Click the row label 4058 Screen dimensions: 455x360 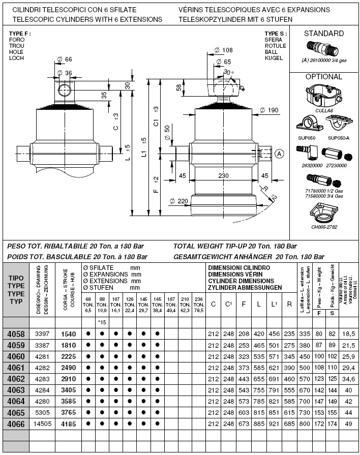[x=16, y=334]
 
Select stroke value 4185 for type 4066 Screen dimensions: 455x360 [x=68, y=423]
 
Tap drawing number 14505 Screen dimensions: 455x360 [x=42, y=423]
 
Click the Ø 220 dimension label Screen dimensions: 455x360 [x=179, y=201]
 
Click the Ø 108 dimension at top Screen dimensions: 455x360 [x=224, y=50]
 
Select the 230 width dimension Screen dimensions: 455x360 [x=223, y=176]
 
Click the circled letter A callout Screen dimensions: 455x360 [x=279, y=154]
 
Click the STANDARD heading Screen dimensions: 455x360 [x=323, y=34]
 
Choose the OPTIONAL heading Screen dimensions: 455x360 [x=323, y=77]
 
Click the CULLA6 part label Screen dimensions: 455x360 [x=323, y=110]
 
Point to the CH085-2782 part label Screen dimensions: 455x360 [x=324, y=227]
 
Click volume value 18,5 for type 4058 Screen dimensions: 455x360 [x=348, y=334]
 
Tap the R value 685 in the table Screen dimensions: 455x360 [x=290, y=423]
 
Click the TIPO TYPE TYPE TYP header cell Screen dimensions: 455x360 [x=16, y=290]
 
